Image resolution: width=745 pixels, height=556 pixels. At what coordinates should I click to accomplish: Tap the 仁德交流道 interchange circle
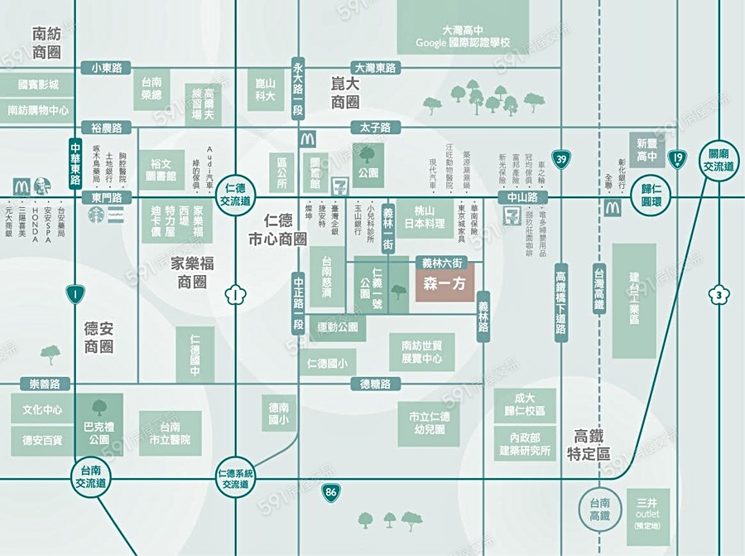pos(236,196)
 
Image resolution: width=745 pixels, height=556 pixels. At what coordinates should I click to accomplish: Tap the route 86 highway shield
pos(332,494)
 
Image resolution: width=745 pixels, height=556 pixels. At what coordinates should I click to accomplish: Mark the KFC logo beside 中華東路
pos(42,186)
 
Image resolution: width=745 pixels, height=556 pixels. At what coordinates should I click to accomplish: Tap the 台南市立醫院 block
pos(171,433)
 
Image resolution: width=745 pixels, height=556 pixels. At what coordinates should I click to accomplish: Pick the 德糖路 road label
pos(375,384)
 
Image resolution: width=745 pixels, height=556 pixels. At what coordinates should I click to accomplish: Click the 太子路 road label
pos(375,128)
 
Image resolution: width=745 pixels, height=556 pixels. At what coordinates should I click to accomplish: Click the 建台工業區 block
pos(634,302)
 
